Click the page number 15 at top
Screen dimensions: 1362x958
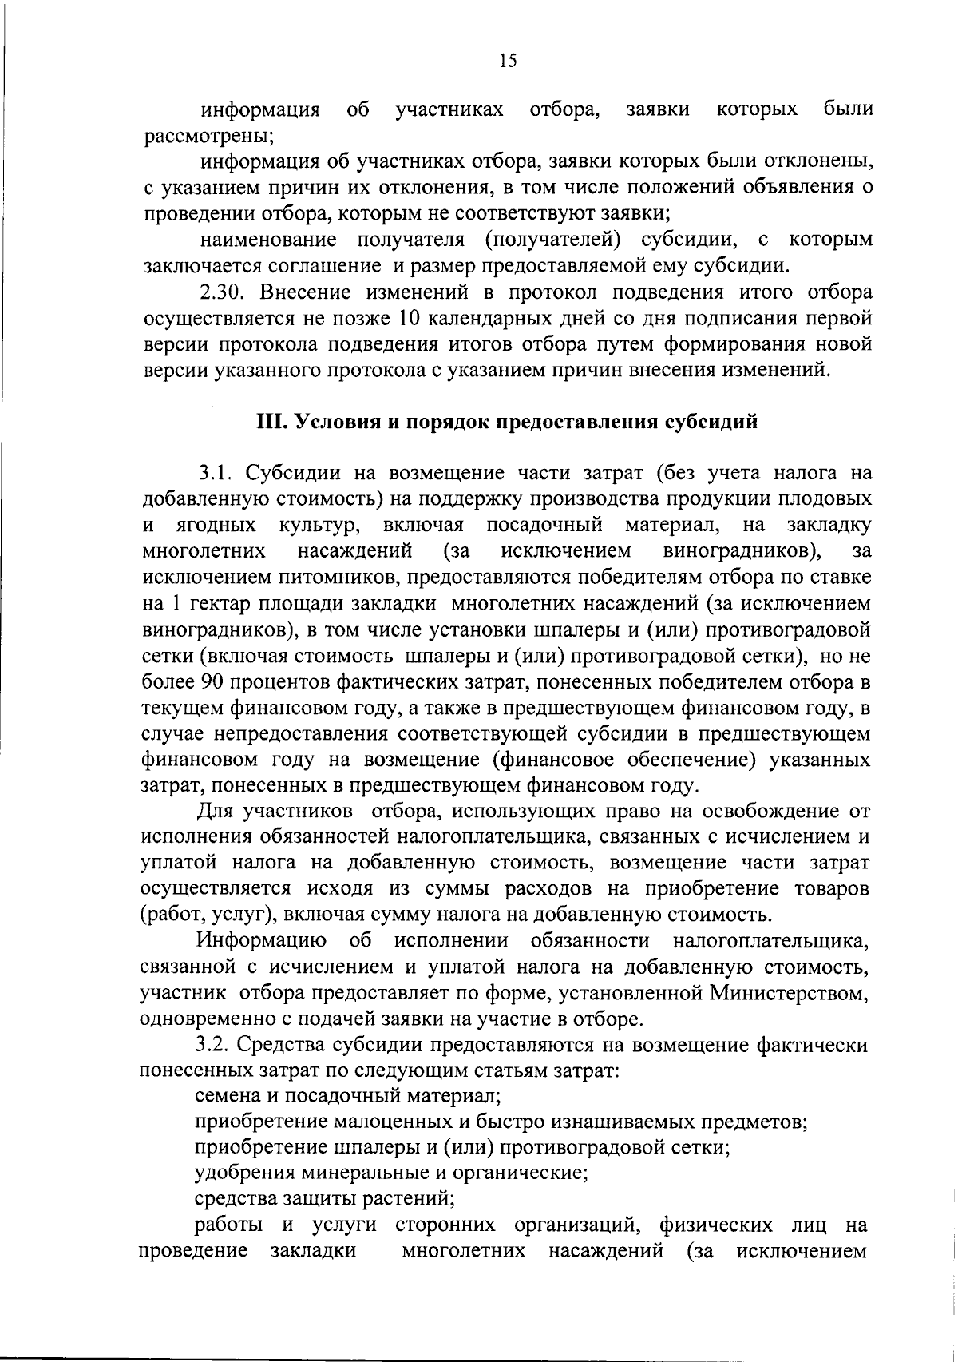tap(507, 61)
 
